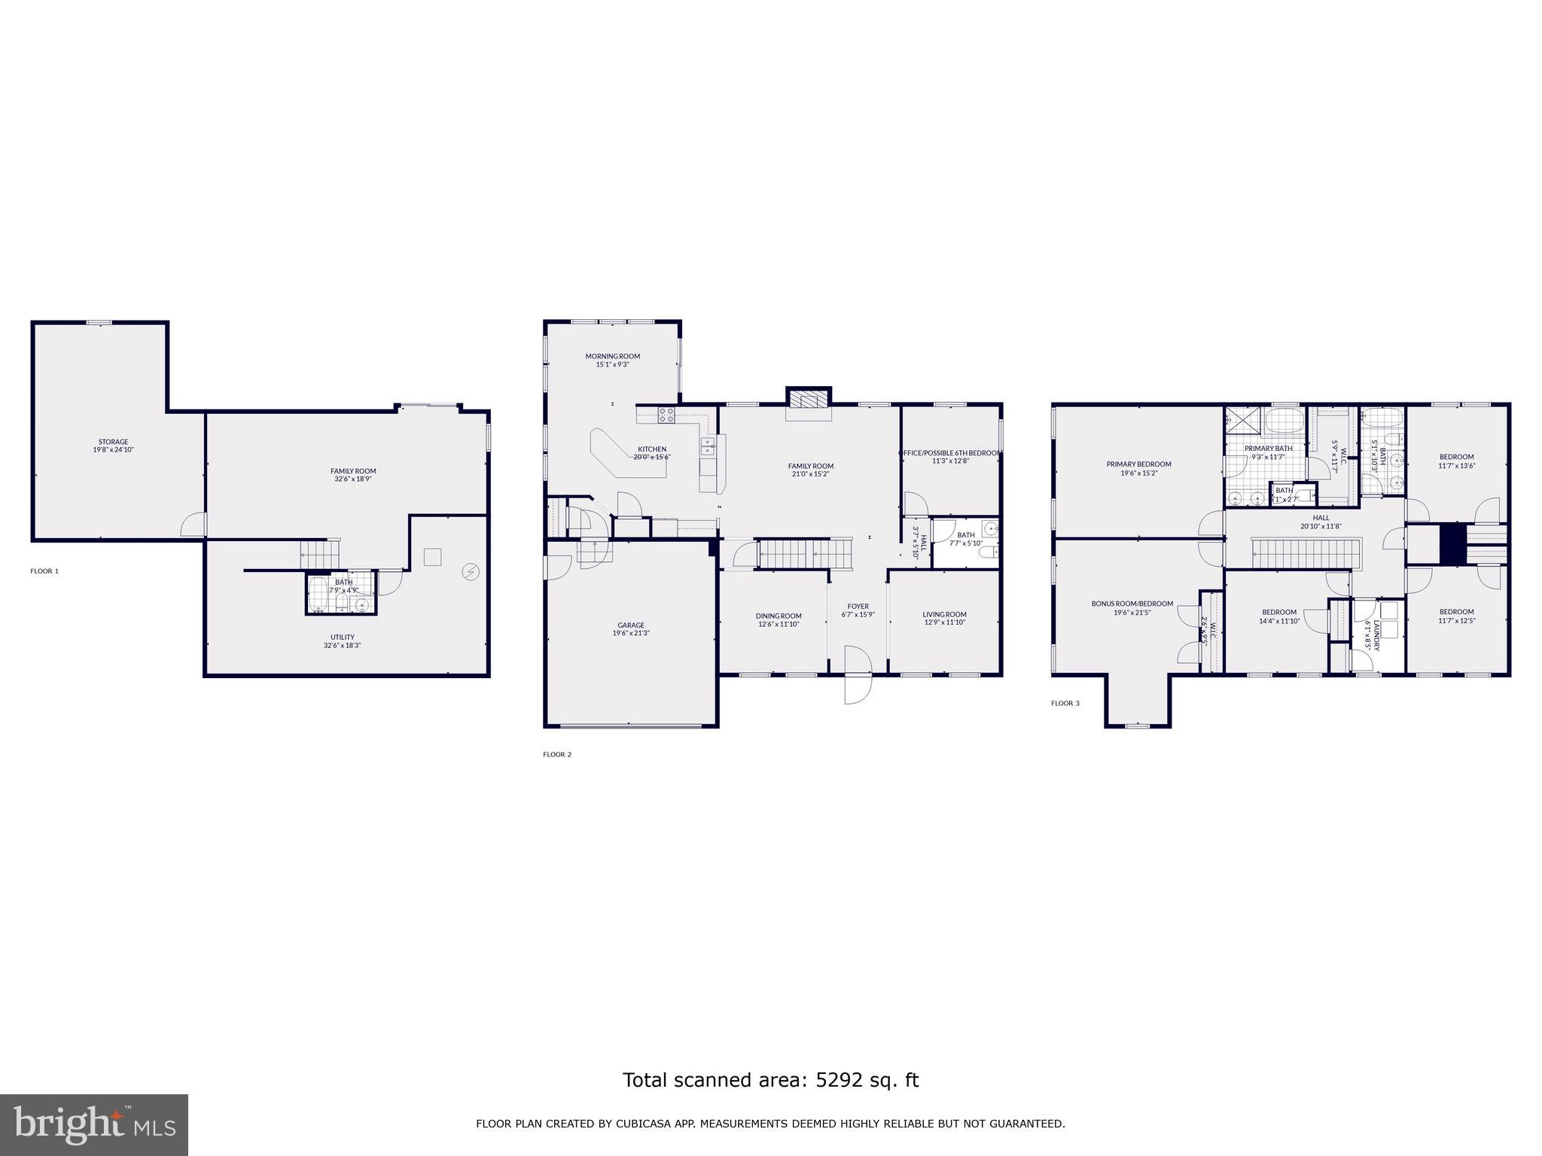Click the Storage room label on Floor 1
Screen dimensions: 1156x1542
point(113,446)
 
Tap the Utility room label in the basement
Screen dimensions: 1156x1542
point(342,641)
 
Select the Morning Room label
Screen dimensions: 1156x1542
point(612,360)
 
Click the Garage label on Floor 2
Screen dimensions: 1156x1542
point(631,629)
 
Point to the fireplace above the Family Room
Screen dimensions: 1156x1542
point(809,399)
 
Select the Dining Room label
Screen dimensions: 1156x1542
point(779,619)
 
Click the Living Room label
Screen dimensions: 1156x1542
point(944,618)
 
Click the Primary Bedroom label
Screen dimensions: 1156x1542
point(1138,468)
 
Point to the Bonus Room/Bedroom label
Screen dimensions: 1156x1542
point(1132,607)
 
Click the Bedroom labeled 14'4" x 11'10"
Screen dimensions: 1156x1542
point(1279,616)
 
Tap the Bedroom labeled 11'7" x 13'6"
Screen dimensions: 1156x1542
point(1456,461)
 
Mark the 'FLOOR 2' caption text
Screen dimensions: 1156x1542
point(557,754)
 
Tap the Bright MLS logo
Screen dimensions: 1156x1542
point(94,1124)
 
